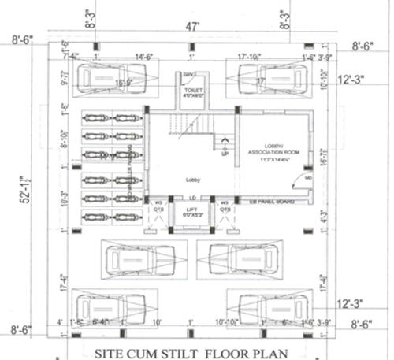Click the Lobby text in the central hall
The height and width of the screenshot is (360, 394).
point(194,180)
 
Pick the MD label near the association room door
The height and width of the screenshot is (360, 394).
point(308,178)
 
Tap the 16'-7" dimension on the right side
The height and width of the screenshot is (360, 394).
point(323,157)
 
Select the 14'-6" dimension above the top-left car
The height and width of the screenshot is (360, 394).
point(143,57)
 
